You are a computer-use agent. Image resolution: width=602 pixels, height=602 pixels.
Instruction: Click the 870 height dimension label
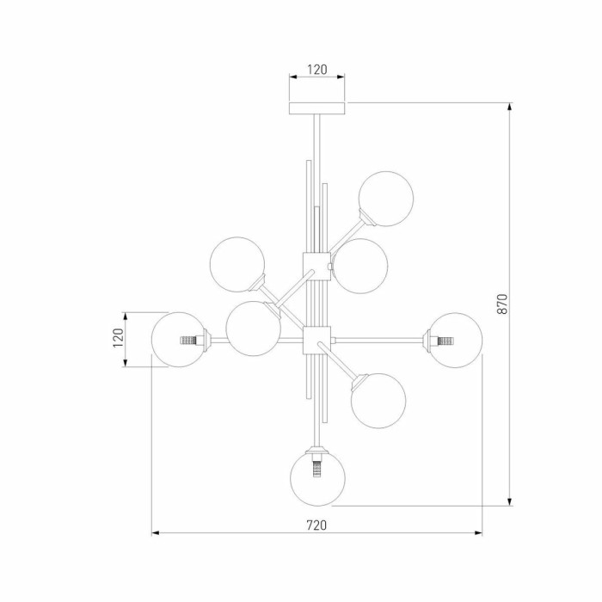502,304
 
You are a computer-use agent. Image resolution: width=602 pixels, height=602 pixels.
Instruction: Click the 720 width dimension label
316,525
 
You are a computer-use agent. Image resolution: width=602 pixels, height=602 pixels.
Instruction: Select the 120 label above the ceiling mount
317,70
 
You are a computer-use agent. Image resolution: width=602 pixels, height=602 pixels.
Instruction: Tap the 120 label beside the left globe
118,338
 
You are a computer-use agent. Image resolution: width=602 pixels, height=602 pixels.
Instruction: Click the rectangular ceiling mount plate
316,108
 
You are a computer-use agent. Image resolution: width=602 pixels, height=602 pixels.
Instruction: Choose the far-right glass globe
455,341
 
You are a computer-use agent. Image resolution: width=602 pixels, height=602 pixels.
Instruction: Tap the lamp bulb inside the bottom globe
317,470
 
